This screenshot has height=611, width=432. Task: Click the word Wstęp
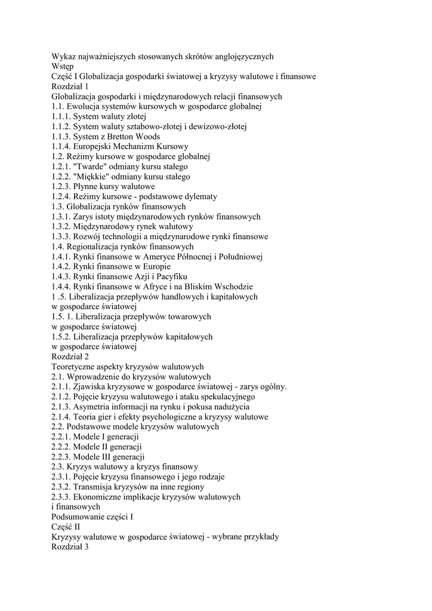point(63,66)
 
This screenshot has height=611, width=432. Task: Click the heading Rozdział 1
point(70,87)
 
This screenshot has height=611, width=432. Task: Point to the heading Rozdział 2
point(70,357)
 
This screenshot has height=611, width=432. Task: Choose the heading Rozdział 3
point(70,547)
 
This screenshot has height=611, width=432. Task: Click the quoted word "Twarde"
point(89,166)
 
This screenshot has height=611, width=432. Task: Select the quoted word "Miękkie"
point(91,177)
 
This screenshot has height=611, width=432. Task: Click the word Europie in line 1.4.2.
point(156,267)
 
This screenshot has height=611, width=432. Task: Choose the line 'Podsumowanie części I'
point(92,517)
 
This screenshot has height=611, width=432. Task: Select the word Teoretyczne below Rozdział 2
point(75,367)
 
